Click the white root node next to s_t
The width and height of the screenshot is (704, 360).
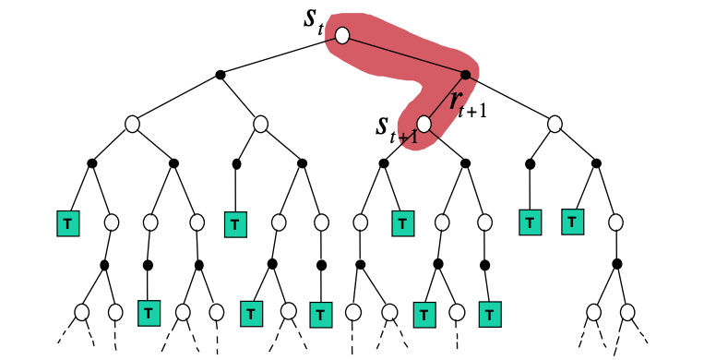click(x=342, y=36)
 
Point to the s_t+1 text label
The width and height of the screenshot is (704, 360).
click(x=395, y=129)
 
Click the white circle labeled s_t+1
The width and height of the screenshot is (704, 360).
click(x=424, y=123)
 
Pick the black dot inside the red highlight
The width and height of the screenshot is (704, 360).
click(x=466, y=74)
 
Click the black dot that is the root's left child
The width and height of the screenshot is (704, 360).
click(x=220, y=74)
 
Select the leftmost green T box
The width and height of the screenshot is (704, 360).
click(x=66, y=222)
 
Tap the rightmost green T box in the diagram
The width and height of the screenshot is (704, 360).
click(x=573, y=222)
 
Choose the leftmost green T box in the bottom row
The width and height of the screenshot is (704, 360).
click(x=147, y=313)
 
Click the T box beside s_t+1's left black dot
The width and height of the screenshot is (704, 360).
click(x=402, y=222)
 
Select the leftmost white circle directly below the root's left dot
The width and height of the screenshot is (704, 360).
click(x=132, y=123)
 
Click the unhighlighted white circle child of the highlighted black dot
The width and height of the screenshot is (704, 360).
click(x=555, y=123)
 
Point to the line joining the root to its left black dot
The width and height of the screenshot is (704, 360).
click(x=280, y=55)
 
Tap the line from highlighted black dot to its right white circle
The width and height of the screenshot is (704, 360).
click(x=510, y=98)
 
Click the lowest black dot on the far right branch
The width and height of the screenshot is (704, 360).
click(x=616, y=265)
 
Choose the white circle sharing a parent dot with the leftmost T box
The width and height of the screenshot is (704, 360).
click(x=111, y=222)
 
